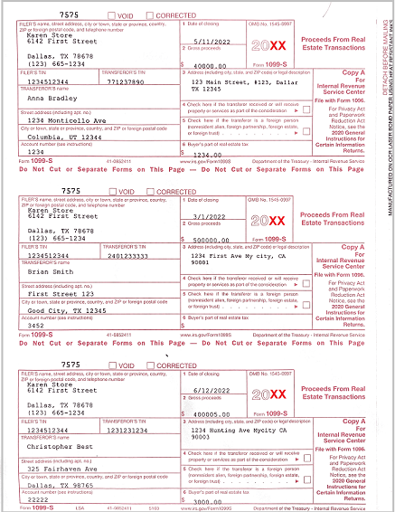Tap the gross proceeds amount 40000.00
(x=211, y=65)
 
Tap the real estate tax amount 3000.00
(x=212, y=500)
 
